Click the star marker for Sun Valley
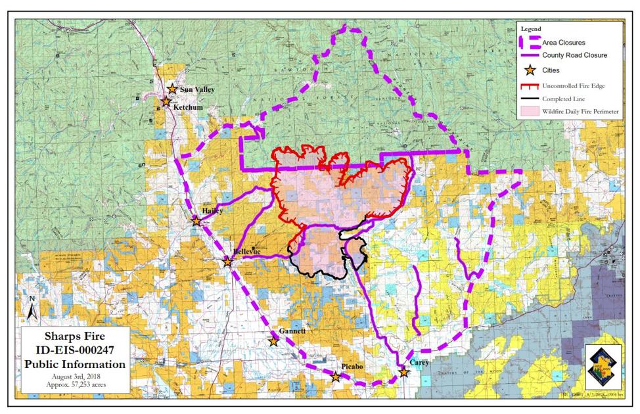(x=172, y=89)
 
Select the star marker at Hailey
(x=196, y=221)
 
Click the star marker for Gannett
(x=273, y=341)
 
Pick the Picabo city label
(x=352, y=365)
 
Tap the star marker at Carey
(x=403, y=373)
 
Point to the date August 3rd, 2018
(x=74, y=375)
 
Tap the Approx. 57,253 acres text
(x=74, y=383)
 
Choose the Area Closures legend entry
(x=563, y=43)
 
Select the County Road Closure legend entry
(x=574, y=56)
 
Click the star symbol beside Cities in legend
(x=528, y=70)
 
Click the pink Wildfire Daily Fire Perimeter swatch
(x=528, y=112)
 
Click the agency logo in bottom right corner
(x=603, y=366)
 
